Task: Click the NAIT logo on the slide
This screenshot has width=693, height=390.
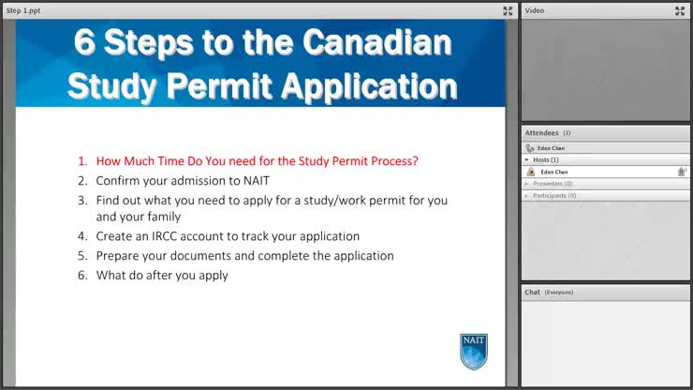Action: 474,351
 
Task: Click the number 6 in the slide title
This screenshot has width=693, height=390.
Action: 86,42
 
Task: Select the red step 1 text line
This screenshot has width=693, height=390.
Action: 257,160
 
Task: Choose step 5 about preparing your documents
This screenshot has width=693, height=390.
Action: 244,255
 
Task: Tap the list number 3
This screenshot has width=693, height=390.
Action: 82,200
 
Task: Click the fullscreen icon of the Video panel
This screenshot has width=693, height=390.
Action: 680,10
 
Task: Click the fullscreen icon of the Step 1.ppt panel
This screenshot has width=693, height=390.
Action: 508,10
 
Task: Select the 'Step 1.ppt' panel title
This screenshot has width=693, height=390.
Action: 23,10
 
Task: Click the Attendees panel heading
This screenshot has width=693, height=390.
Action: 542,133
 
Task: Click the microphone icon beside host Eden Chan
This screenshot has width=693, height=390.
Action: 682,172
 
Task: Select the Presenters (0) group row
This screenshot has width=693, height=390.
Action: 553,184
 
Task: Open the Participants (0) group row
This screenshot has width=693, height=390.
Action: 554,195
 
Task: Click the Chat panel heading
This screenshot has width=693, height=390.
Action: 532,292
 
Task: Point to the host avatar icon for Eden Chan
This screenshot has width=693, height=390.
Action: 531,172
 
